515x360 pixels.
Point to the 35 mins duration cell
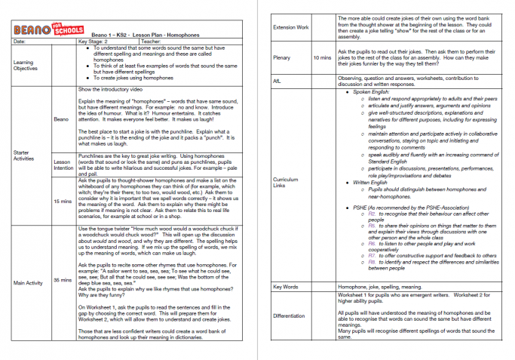pos(62,279)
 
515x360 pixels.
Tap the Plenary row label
pos(283,57)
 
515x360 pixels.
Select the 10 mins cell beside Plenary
pos(322,57)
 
